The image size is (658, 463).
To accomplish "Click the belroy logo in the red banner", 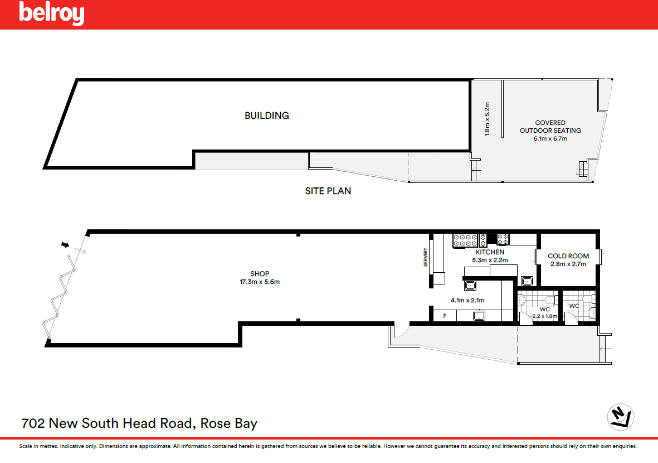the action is pyautogui.click(x=52, y=13).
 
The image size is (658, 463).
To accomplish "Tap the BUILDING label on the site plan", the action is pyautogui.click(x=267, y=115).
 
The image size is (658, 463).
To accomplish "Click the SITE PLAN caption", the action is pyautogui.click(x=328, y=191).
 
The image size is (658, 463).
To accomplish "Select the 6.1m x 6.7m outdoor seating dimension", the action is pyautogui.click(x=550, y=139).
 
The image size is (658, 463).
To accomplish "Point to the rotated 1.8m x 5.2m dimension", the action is pyautogui.click(x=487, y=119).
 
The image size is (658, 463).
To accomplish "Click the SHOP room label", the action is pyautogui.click(x=260, y=273).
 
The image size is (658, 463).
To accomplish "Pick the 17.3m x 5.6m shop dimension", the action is pyautogui.click(x=260, y=282).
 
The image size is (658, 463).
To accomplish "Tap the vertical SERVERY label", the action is pyautogui.click(x=425, y=257).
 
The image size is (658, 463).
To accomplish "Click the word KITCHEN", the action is pyautogui.click(x=490, y=252).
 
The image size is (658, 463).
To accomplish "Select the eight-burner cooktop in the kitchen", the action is pyautogui.click(x=465, y=240).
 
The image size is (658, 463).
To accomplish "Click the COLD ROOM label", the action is pyautogui.click(x=568, y=256).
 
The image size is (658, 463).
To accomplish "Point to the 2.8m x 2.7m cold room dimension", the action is pyautogui.click(x=568, y=264).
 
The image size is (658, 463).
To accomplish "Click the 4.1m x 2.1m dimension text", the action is pyautogui.click(x=467, y=301).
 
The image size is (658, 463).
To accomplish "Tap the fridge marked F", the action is pyautogui.click(x=445, y=316).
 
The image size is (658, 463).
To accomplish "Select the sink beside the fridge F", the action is pyautogui.click(x=479, y=316).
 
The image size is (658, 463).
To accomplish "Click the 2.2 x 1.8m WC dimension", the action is pyautogui.click(x=545, y=316).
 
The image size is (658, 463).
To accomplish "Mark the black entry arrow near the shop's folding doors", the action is pyautogui.click(x=65, y=244).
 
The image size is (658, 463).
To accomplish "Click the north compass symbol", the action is pyautogui.click(x=621, y=417).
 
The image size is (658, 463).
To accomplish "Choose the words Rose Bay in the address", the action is pyautogui.click(x=228, y=423).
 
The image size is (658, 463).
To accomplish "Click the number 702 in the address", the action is pyautogui.click(x=33, y=423).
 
